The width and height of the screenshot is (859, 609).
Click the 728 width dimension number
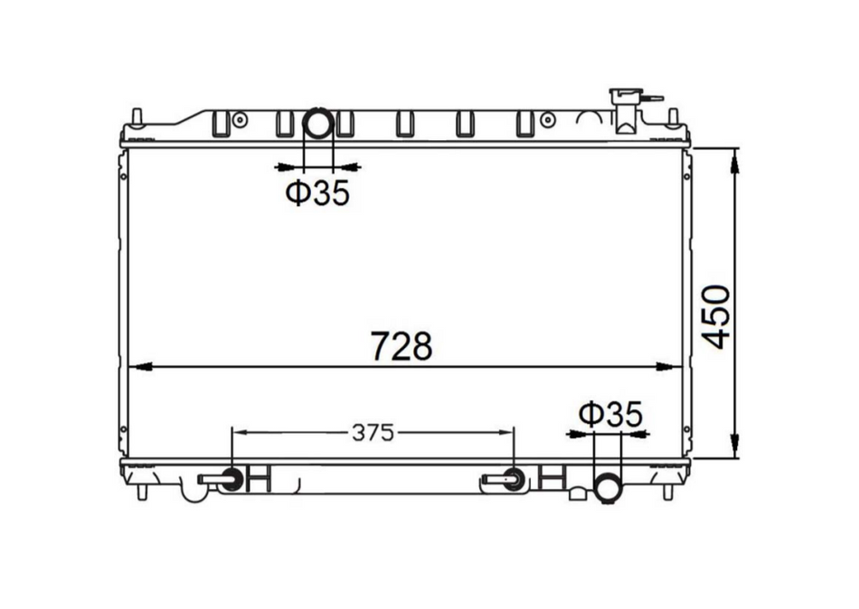[402, 346]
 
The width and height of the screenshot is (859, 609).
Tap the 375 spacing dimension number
[373, 433]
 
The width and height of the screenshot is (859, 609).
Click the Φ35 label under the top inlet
[317, 193]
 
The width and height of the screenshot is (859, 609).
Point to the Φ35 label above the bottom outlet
[610, 415]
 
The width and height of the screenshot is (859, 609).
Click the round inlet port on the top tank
[318, 123]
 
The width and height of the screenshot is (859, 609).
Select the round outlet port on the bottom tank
[608, 488]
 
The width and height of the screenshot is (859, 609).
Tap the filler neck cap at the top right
[625, 96]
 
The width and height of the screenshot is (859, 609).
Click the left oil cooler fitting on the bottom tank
[231, 480]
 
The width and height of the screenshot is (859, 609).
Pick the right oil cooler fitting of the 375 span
[513, 480]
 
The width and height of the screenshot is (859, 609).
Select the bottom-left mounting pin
[142, 492]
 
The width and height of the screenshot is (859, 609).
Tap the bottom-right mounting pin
[667, 492]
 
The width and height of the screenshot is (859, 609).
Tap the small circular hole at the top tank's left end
[240, 119]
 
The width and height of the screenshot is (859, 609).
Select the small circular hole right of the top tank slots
[547, 119]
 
